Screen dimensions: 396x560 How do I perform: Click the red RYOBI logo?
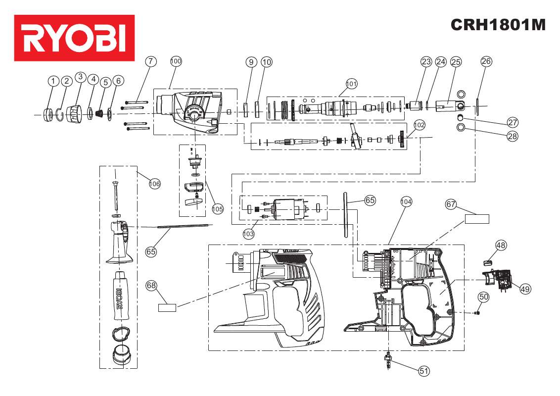tap(75, 38)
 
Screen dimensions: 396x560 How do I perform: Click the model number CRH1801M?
tap(498, 25)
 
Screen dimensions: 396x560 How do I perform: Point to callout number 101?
tap(351, 84)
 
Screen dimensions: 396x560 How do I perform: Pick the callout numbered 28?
tap(513, 136)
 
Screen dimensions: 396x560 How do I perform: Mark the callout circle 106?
tap(155, 184)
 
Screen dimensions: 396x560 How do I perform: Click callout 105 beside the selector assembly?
tap(218, 209)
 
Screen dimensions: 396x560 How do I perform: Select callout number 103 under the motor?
tap(249, 232)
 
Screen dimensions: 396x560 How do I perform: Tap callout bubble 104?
tap(406, 201)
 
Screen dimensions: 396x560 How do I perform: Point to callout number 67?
tap(451, 204)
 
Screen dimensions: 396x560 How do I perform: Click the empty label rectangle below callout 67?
tap(476, 219)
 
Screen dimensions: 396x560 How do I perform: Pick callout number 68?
tap(151, 285)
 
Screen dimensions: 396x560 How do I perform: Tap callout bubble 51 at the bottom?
tap(424, 371)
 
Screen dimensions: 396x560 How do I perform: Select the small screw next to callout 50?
tap(477, 313)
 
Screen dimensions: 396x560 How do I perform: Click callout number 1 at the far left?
tap(53, 81)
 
